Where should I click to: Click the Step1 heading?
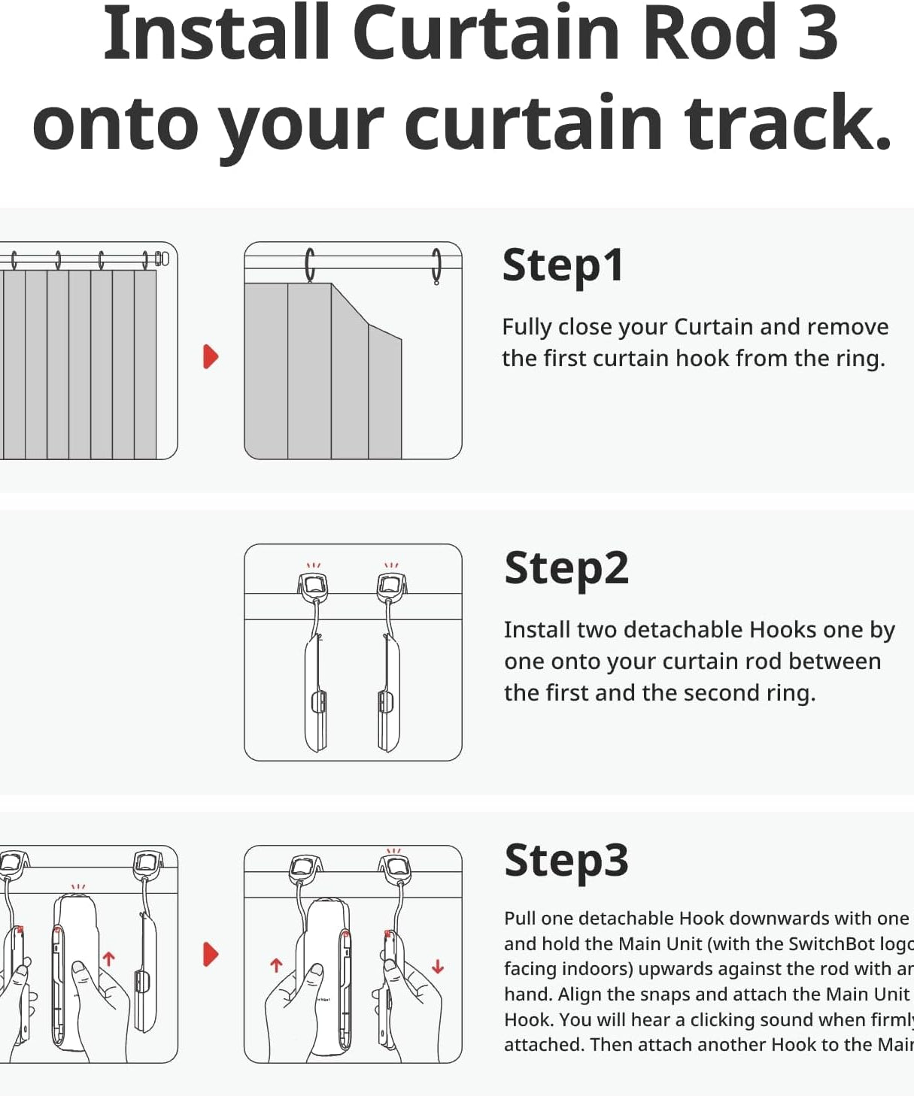563,265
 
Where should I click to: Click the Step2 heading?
566,568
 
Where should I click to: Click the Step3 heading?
566,860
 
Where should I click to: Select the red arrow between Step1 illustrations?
211,356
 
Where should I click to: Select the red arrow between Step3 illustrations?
211,955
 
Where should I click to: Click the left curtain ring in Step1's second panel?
309,265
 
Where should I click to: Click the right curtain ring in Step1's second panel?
436,266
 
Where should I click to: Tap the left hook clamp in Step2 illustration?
314,586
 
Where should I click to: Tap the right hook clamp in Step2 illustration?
391,586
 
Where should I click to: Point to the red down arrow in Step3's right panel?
438,967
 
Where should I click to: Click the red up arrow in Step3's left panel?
108,958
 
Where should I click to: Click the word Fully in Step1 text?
527,327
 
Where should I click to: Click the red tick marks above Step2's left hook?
313,565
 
